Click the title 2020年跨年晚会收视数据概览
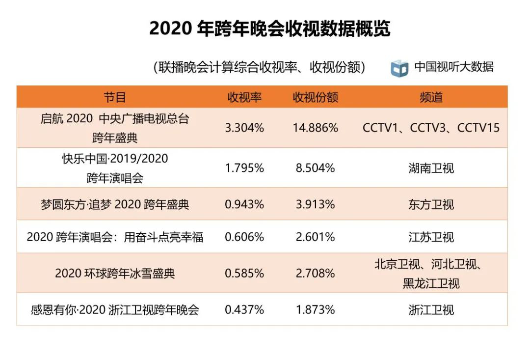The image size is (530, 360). point(269,29)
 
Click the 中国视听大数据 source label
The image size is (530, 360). point(454,67)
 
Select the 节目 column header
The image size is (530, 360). point(115,97)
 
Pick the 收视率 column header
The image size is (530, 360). point(244,97)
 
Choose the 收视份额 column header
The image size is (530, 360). point(315,97)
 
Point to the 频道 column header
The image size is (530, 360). point(431,97)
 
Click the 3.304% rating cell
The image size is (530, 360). point(244,128)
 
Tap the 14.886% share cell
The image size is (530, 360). point(315,128)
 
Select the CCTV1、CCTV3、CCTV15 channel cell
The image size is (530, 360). point(431,128)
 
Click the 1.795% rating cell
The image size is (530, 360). point(244,168)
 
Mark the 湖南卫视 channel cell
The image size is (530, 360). point(431,168)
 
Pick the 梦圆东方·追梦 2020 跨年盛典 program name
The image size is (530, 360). point(115,204)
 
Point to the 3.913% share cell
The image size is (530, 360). point(315,204)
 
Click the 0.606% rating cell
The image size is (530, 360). point(244,237)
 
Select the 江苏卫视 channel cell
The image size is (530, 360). point(431,237)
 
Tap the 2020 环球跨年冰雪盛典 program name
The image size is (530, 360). point(115,273)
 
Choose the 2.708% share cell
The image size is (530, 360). point(315,273)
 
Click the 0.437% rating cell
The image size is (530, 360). point(244,310)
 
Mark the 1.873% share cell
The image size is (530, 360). point(315,310)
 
